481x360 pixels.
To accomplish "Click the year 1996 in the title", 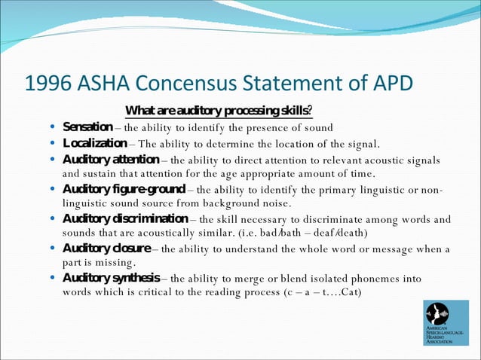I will click(48, 82).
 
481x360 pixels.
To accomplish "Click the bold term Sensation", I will click(87, 127).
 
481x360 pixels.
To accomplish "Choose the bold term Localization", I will click(94, 144).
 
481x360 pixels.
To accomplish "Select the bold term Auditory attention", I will click(110, 160).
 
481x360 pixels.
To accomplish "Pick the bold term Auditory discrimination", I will click(124, 219).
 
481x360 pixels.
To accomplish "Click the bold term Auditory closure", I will click(106, 249).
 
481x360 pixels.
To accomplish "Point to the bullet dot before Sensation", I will click(51, 127).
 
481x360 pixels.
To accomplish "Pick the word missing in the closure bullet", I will click(112, 263).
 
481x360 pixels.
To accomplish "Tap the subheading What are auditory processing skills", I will click(219, 111).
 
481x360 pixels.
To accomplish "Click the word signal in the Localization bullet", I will click(359, 144).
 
